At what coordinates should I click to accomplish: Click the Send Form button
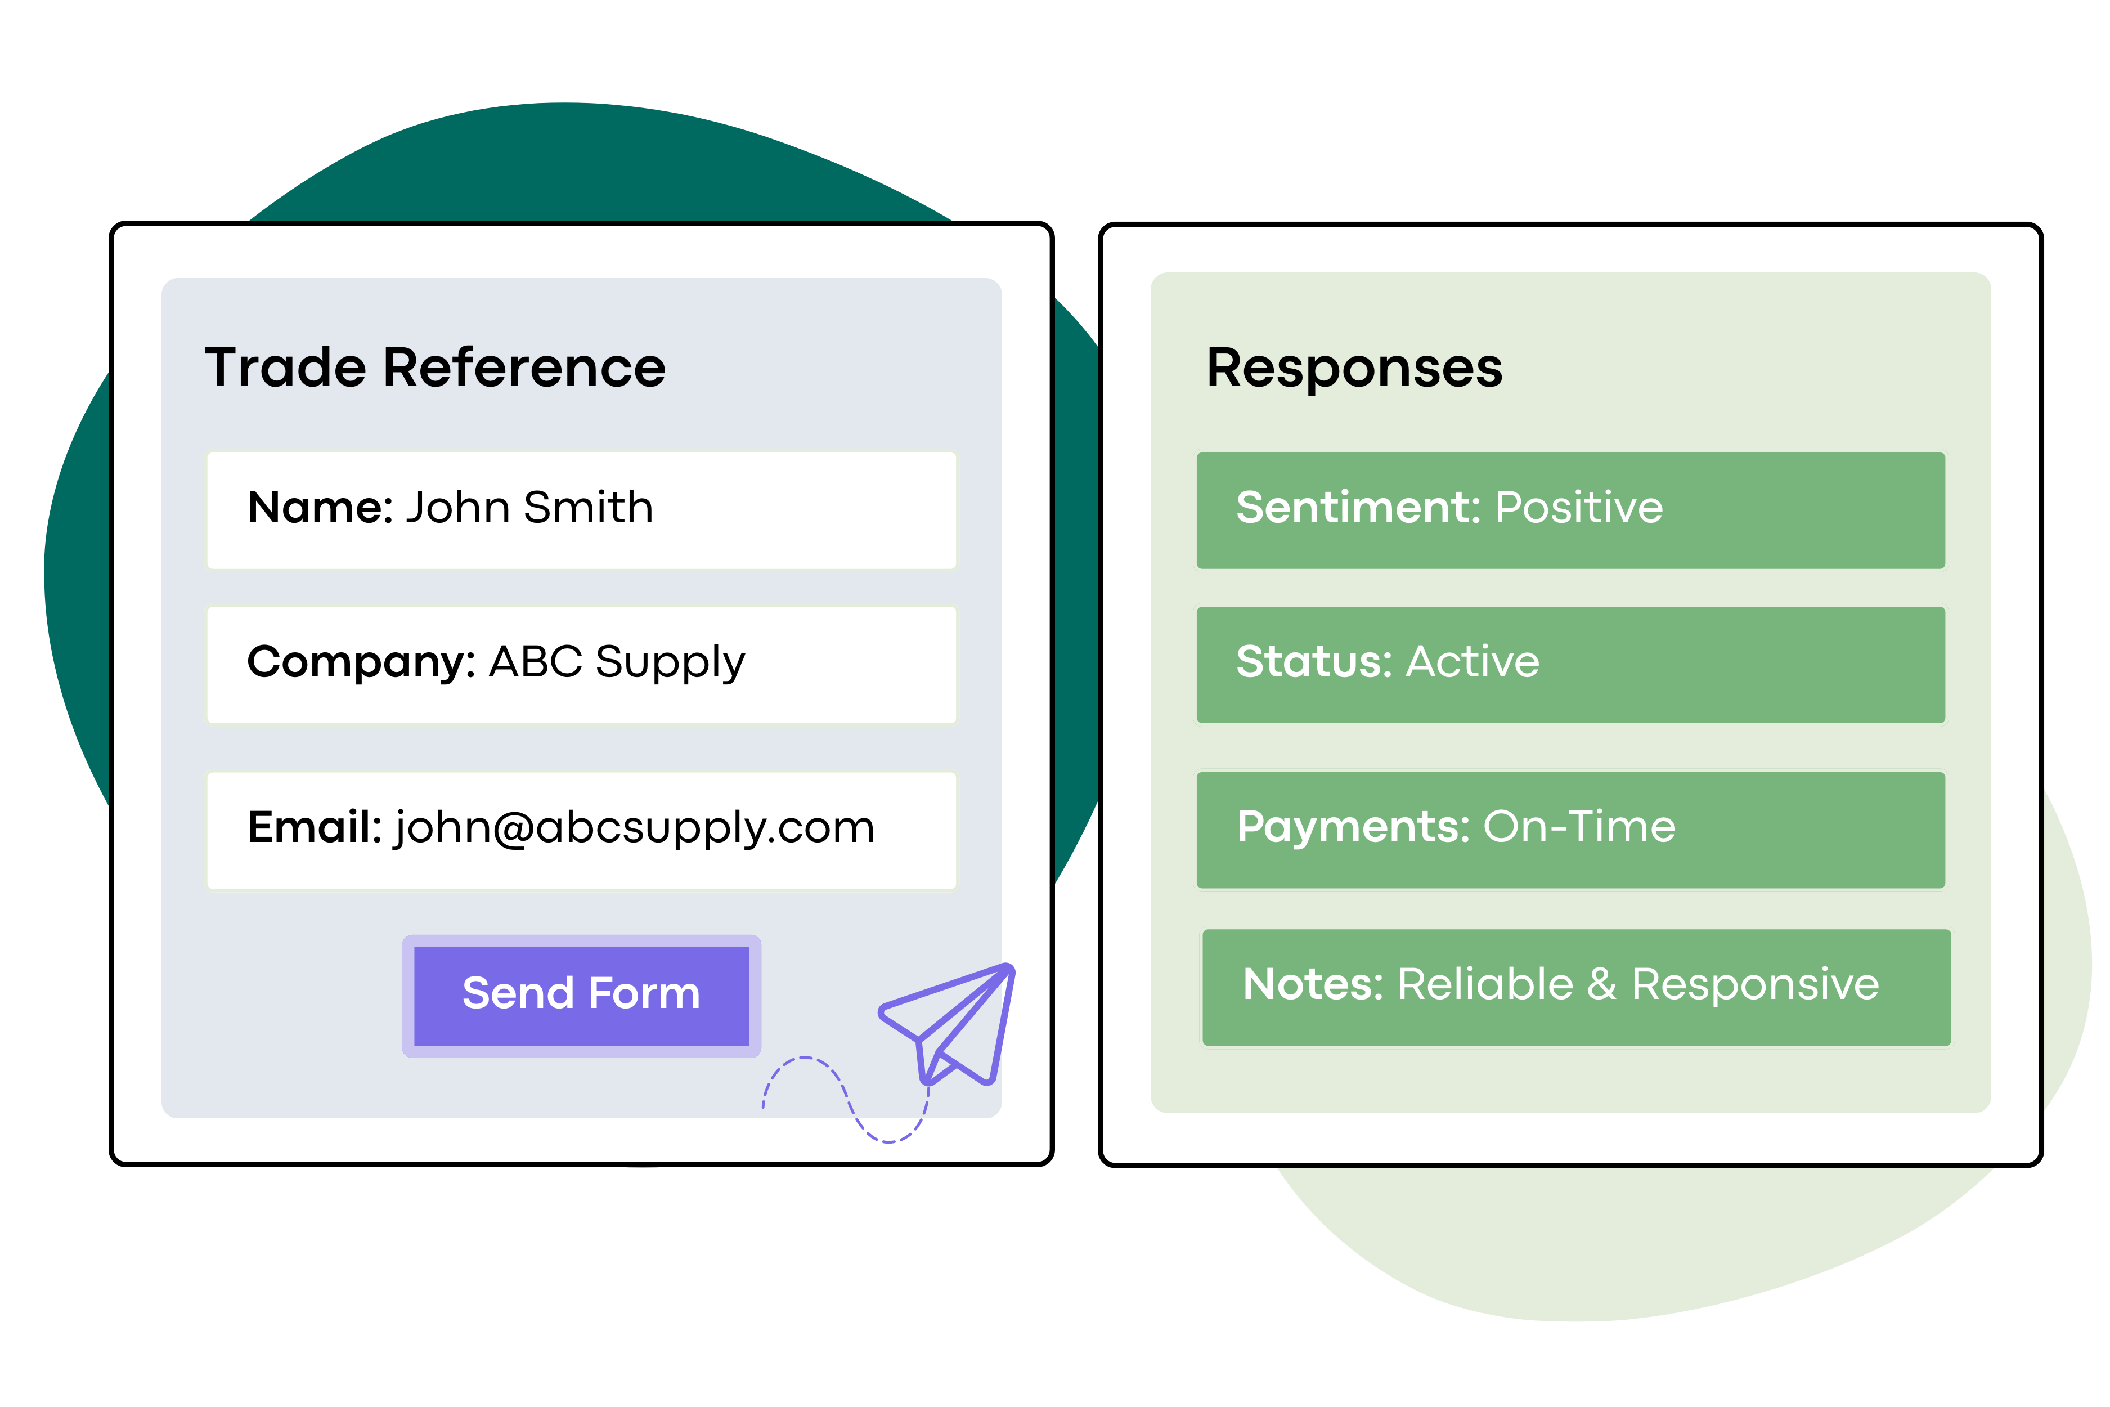581,994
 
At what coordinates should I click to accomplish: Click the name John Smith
529,508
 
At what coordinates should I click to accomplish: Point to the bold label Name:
320,508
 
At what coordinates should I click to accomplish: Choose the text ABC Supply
617,662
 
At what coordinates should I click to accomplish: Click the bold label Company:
361,662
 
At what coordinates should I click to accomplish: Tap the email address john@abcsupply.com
634,827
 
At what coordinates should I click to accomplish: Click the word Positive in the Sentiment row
1579,508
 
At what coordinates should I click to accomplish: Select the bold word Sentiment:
1357,508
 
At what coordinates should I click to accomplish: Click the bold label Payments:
1353,827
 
